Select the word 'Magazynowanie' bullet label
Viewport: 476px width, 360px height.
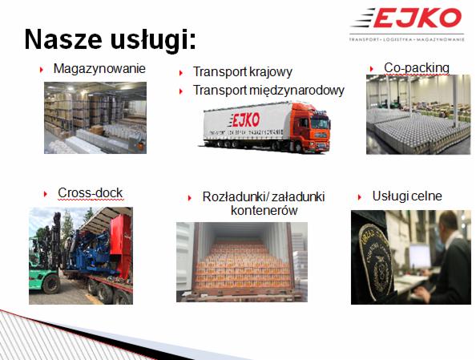(x=99, y=68)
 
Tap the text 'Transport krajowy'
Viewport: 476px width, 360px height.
(x=242, y=72)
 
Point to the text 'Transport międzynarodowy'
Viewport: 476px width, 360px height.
(x=268, y=90)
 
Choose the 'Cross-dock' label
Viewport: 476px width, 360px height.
(x=90, y=192)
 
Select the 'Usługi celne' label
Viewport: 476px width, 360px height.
(x=407, y=196)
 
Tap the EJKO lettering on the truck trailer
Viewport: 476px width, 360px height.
(x=246, y=119)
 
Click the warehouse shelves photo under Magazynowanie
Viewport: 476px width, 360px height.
(x=95, y=118)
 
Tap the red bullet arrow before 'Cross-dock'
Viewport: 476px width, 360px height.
(x=46, y=193)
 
